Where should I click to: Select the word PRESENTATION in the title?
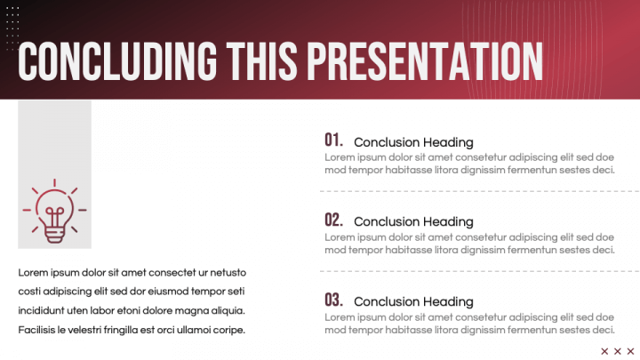[x=425, y=60]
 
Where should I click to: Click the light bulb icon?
[x=55, y=212]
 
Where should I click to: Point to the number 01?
[x=333, y=140]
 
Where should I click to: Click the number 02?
[x=333, y=220]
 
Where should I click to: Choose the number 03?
[x=333, y=300]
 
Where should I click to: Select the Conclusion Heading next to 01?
[x=413, y=142]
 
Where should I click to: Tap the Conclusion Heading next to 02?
[x=413, y=222]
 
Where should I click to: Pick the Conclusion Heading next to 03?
[x=413, y=302]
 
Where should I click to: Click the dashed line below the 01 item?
[x=480, y=191]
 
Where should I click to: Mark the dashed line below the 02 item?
[x=480, y=271]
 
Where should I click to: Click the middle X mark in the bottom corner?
[x=618, y=351]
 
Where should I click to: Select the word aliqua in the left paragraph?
[x=225, y=311]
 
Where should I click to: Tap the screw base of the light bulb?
[x=55, y=234]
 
